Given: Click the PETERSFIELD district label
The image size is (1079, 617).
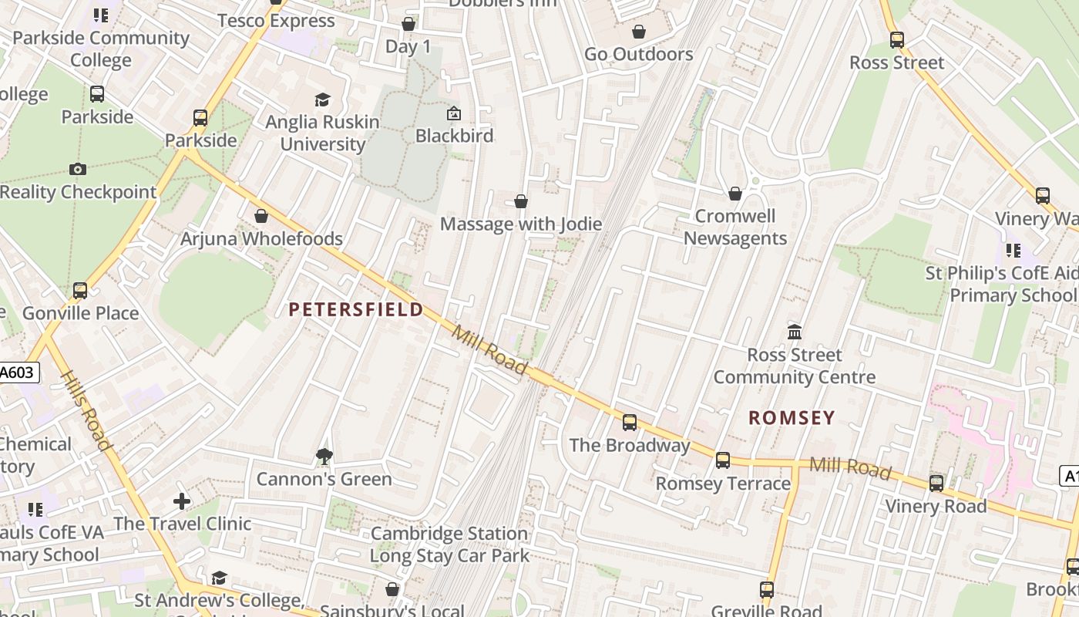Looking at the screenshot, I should click(x=356, y=310).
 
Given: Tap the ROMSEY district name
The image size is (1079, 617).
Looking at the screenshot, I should click(x=792, y=418).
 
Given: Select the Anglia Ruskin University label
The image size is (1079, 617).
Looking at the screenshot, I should click(x=322, y=133).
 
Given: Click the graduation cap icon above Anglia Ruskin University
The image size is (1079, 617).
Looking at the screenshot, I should click(x=322, y=99).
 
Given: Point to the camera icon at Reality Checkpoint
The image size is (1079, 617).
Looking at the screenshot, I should click(x=77, y=169).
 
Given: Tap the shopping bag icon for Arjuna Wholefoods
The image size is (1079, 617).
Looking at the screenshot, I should click(x=261, y=216).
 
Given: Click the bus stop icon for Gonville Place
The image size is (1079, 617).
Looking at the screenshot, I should click(x=80, y=291).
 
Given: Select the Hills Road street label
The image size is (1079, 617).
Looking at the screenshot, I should click(x=86, y=410).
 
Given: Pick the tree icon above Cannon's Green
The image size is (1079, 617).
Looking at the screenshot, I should click(x=324, y=457).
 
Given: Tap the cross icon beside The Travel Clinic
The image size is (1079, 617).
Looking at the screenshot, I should click(x=182, y=502).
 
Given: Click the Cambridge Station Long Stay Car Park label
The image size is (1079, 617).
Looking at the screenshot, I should click(x=449, y=545).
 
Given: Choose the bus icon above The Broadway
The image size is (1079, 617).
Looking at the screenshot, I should click(x=630, y=422).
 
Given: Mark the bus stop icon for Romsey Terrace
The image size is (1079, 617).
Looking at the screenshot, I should click(x=723, y=460).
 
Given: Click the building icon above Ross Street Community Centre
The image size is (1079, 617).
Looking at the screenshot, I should click(x=795, y=332).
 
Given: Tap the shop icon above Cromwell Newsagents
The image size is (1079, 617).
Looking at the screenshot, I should click(x=735, y=193).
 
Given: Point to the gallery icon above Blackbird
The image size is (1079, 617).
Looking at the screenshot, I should click(x=454, y=113).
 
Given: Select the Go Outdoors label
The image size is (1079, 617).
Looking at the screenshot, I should click(x=639, y=54).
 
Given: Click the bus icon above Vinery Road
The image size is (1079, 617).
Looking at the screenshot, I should click(x=936, y=484).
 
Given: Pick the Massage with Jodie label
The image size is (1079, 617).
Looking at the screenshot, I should click(x=521, y=224).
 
